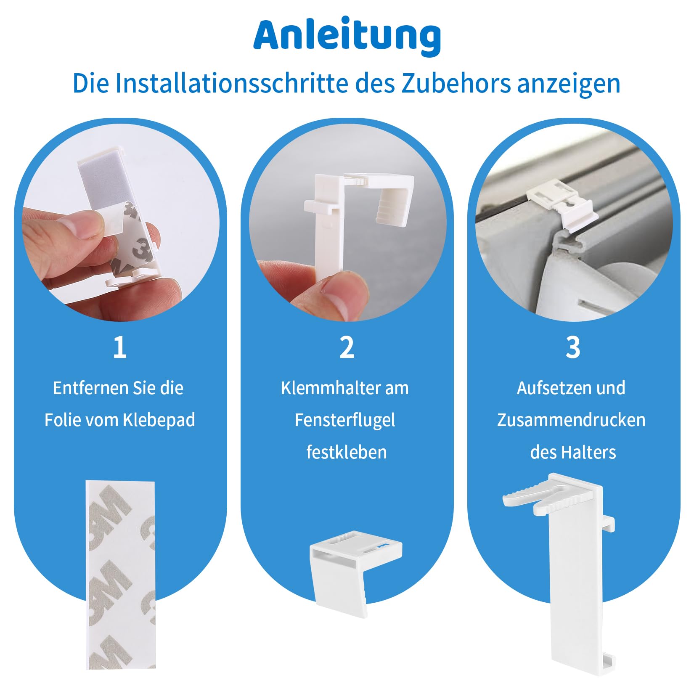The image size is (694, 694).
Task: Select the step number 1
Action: click(x=119, y=347)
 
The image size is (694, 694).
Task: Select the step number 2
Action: click(x=347, y=347)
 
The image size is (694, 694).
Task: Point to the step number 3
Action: click(x=573, y=347)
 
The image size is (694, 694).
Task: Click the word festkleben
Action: click(x=346, y=453)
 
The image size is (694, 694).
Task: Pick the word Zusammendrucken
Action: click(x=571, y=420)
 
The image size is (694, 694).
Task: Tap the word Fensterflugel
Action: click(x=344, y=420)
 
